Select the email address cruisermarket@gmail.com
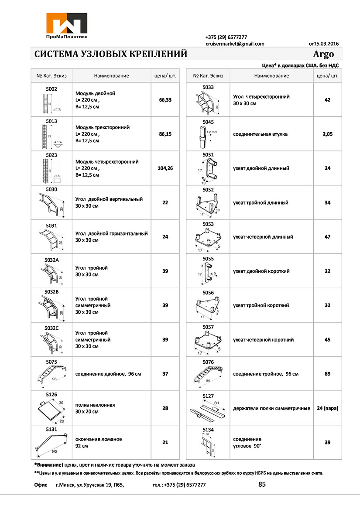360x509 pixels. pos(235,44)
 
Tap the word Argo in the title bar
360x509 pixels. pos(323,54)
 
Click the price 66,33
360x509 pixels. pos(165,100)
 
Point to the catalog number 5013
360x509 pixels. pos(52,121)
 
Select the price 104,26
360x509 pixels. pos(165,168)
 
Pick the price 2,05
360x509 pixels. pos(328,134)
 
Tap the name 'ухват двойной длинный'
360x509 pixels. pos(261,168)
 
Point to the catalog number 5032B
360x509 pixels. pos(52,292)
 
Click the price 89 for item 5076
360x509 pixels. pos(328,374)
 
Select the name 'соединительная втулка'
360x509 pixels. pos(260,134)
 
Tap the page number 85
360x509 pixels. pos(262,484)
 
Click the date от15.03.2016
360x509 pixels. pos(323,44)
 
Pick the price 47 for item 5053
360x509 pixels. pos(328,237)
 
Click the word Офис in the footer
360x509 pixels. pos(41,485)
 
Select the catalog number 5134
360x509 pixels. pos(209,430)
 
